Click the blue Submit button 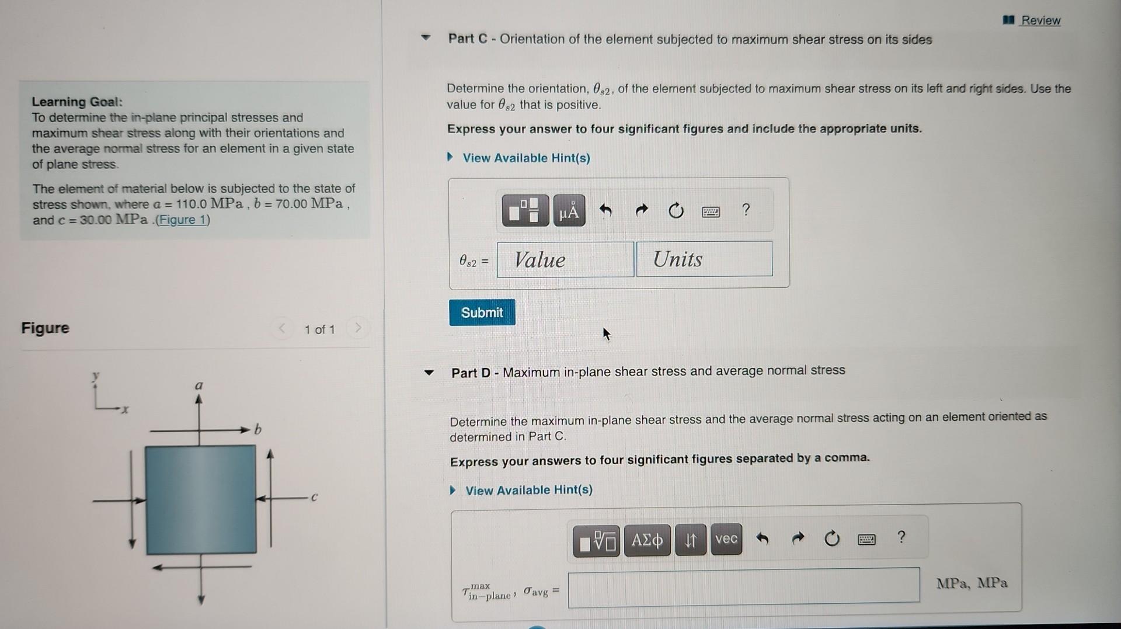coord(482,312)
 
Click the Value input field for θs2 coord(565,260)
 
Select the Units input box coord(704,259)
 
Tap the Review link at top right coord(1040,20)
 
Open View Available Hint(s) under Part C coord(525,158)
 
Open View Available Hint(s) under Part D coord(528,490)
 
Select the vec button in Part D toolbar coord(726,539)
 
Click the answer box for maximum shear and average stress coord(743,585)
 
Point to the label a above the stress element coord(199,385)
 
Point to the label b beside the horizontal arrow coord(258,430)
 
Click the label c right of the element coord(314,498)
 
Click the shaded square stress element coord(201,499)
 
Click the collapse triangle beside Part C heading coord(426,39)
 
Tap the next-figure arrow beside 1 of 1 coord(358,328)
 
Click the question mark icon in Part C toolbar coord(746,210)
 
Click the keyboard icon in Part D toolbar coord(866,539)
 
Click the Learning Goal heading coord(76,102)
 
